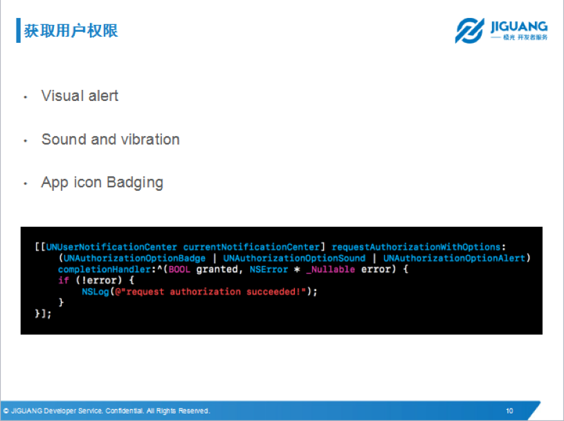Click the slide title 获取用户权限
[71, 30]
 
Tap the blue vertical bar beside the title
[19, 30]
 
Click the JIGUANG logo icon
[469, 30]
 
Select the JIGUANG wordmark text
[519, 26]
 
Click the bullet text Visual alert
[80, 96]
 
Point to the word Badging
[135, 183]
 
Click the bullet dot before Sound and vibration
[26, 141]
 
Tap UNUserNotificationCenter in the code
[111, 247]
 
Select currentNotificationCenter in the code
[251, 247]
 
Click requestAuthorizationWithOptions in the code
[416, 247]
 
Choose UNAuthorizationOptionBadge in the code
[134, 259]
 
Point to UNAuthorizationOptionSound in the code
[294, 259]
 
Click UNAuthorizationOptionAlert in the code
[454, 259]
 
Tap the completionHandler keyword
[104, 270]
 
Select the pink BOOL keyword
[179, 270]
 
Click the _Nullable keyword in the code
[331, 270]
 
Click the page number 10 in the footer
[509, 411]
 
